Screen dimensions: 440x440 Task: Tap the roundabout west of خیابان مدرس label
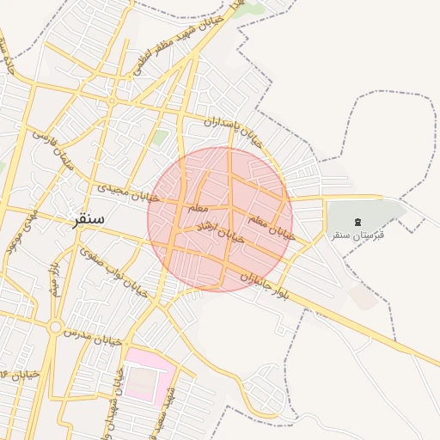55,327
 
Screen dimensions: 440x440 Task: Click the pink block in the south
149,371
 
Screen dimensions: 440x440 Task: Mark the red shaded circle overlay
220,219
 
